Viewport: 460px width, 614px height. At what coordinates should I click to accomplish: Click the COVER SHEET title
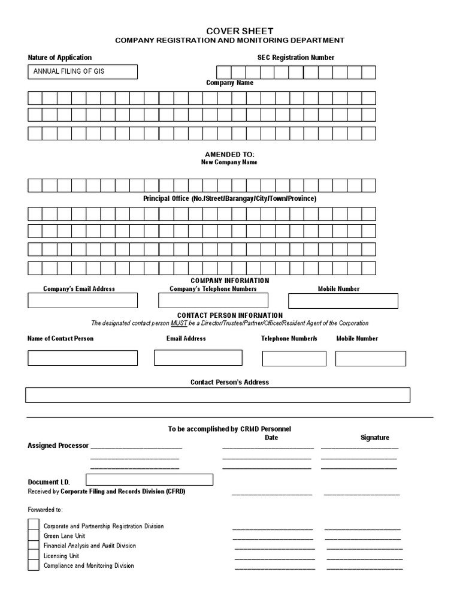[230, 31]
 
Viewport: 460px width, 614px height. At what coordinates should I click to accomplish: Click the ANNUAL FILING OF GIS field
[83, 72]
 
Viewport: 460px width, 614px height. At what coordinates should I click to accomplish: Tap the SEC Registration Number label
[295, 58]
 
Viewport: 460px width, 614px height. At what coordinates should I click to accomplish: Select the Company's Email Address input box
[83, 300]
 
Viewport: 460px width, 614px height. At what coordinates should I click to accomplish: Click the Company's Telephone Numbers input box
[213, 300]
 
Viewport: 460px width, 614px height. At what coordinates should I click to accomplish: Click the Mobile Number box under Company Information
[343, 300]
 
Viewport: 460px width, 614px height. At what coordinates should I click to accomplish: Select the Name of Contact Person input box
[83, 358]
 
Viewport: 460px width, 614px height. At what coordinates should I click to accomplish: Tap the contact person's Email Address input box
[198, 358]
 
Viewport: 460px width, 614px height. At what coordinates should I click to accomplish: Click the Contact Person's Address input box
[217, 395]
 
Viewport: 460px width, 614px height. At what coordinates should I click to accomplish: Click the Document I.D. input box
[150, 480]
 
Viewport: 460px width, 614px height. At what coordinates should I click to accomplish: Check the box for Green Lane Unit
[34, 535]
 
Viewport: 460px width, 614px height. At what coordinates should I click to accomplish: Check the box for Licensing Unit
[34, 555]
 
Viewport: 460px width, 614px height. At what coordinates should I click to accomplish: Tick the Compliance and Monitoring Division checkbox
[34, 565]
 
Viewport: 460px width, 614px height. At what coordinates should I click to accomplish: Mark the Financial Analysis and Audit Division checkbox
[34, 546]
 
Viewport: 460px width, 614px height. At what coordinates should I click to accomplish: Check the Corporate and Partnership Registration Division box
[34, 525]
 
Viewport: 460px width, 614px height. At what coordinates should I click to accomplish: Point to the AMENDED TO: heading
[230, 155]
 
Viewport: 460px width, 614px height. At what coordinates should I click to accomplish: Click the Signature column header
[374, 438]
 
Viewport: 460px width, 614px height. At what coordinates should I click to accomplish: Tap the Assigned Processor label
[58, 446]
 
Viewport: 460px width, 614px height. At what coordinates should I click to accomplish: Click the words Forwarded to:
[45, 510]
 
